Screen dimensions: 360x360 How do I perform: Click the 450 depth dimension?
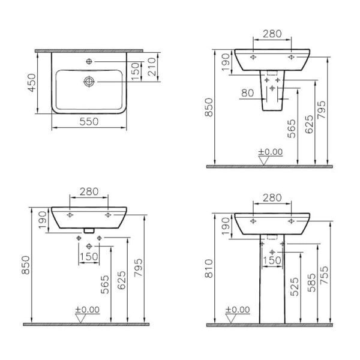coord(32,82)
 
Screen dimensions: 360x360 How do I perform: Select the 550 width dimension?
coord(90,121)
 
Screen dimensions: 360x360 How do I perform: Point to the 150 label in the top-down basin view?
coord(136,70)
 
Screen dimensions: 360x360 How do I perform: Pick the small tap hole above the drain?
coord(89,62)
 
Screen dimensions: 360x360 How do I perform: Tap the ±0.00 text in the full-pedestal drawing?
coord(238,310)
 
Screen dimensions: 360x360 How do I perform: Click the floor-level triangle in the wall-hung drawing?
coord(79,317)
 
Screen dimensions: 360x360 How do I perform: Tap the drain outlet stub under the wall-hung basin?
coord(89,230)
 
